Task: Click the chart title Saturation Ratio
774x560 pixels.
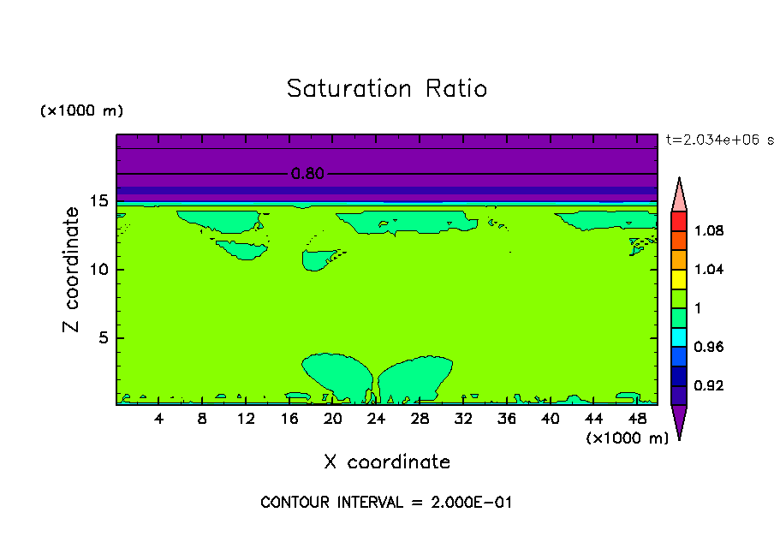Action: [x=387, y=89]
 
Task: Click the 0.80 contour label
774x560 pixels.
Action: [x=307, y=174]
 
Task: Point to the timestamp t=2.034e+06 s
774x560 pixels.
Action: [x=719, y=140]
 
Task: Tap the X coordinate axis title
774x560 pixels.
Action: [x=387, y=462]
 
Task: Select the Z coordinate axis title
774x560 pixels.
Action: [x=72, y=270]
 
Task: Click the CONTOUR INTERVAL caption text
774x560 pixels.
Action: [x=386, y=503]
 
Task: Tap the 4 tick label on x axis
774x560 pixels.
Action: [x=159, y=419]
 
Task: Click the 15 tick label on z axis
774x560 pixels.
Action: [x=99, y=202]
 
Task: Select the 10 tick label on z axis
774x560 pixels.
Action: [x=99, y=270]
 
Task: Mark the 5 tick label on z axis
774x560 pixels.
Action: [x=104, y=337]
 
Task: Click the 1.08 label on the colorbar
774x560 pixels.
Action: [x=708, y=231]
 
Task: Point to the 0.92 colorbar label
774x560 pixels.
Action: [x=708, y=386]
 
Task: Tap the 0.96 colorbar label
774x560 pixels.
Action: [x=708, y=348]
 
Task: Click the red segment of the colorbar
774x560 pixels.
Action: [x=679, y=220]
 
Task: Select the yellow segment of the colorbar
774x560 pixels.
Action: [x=679, y=278]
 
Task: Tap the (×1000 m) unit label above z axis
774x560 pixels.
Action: [x=81, y=111]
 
